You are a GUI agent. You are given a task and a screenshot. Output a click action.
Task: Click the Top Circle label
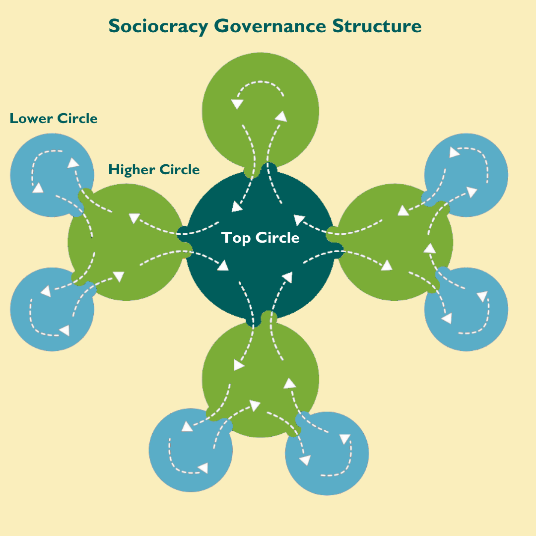[261, 238]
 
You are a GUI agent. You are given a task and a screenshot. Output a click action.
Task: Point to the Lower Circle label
[54, 119]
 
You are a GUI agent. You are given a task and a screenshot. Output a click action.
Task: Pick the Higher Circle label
[154, 170]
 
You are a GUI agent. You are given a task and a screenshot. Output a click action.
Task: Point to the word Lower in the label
[31, 119]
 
